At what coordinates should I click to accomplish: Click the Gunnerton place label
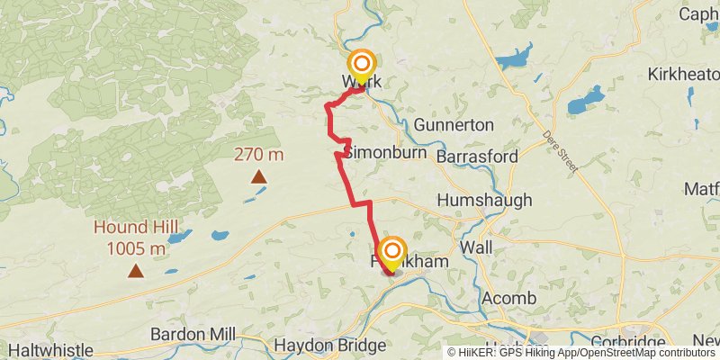[x=454, y=125]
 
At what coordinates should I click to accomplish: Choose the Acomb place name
[x=508, y=298]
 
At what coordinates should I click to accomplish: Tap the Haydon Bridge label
[x=329, y=346]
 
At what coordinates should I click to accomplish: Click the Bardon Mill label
[x=193, y=334]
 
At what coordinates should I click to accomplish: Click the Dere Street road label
[x=563, y=149]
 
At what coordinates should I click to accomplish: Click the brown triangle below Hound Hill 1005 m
[x=135, y=270]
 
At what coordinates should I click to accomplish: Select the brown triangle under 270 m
[x=258, y=176]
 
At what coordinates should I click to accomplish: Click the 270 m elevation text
[x=258, y=154]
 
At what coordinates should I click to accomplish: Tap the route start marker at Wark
[x=362, y=65]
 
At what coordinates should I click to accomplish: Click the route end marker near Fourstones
[x=392, y=251]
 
